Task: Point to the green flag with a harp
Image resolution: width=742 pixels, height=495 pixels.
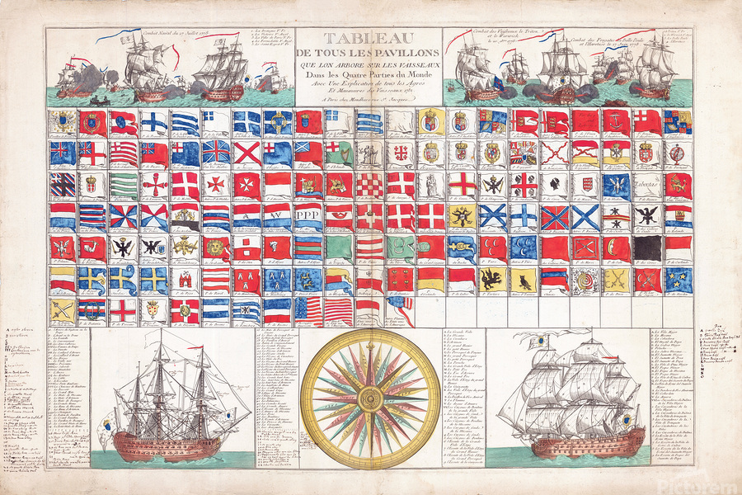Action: (336, 152)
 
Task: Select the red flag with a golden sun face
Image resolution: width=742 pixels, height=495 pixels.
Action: (215, 247)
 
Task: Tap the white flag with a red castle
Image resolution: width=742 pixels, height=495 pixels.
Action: (185, 280)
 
